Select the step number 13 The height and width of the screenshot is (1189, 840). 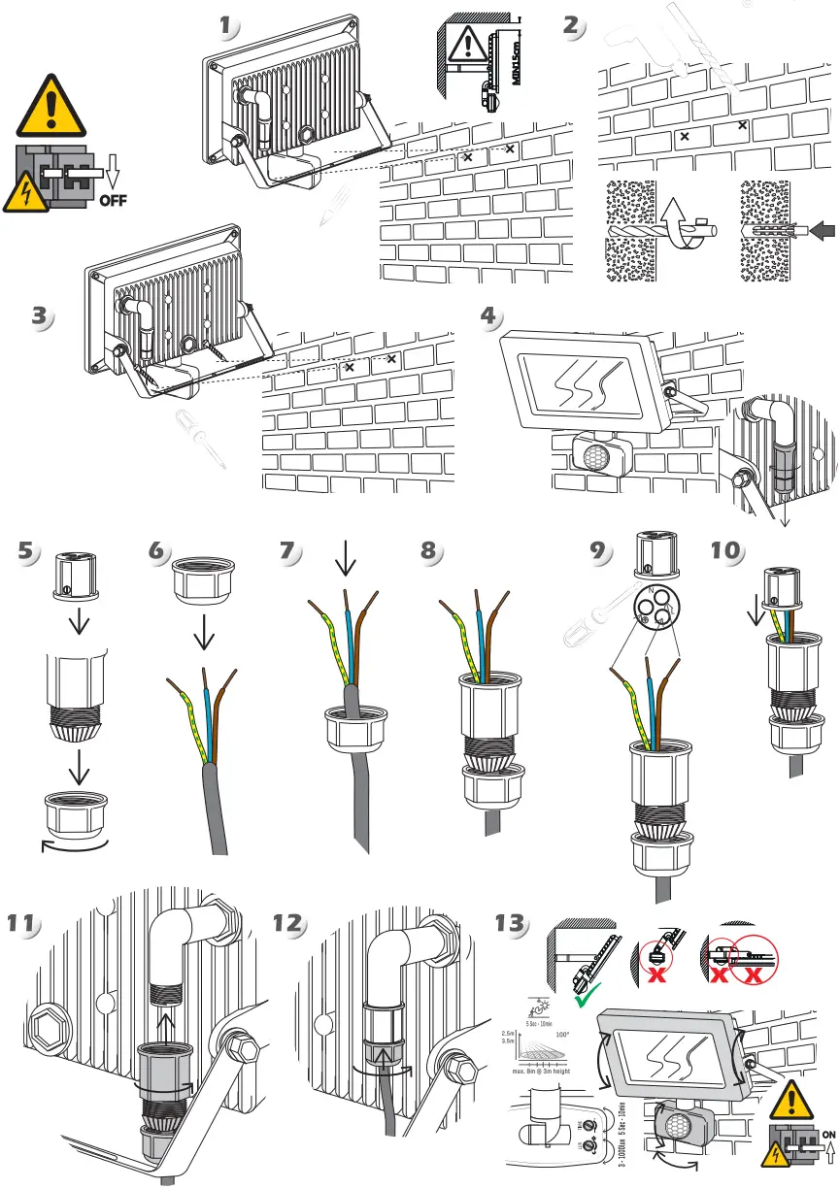click(x=512, y=923)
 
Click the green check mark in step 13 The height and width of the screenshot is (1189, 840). click(x=587, y=996)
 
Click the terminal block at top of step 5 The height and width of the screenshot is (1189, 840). click(x=78, y=578)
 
